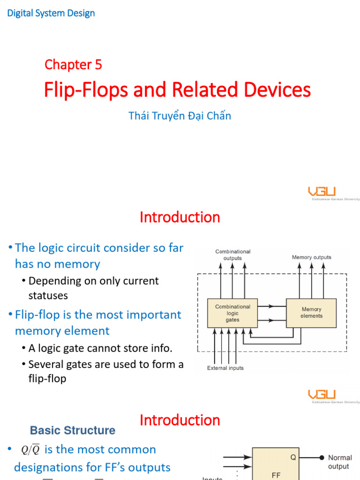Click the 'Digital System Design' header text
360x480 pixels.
(51, 13)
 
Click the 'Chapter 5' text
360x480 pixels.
(73, 64)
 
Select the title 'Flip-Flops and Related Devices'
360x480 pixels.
(177, 90)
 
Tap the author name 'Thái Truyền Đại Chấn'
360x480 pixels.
(180, 116)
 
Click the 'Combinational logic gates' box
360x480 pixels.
(232, 313)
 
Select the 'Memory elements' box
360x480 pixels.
(311, 313)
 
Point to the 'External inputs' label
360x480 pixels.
(225, 368)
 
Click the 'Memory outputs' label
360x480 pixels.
(311, 257)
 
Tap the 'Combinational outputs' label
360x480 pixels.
(233, 255)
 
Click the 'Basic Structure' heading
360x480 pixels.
(73, 430)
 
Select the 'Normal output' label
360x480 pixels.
(339, 462)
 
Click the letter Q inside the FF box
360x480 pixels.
(293, 457)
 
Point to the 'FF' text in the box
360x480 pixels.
(276, 475)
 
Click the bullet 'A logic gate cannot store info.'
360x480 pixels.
(100, 349)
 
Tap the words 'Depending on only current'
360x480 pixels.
(93, 281)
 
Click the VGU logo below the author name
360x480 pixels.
(322, 192)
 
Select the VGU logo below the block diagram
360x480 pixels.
(322, 395)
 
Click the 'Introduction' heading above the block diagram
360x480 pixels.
(180, 217)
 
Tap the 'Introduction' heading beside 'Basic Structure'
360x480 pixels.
(180, 420)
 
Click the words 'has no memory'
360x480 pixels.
(57, 264)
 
